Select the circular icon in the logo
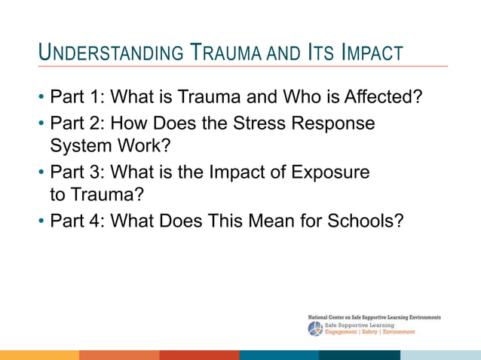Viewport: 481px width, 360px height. click(x=315, y=329)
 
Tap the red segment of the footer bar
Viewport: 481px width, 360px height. click(x=200, y=355)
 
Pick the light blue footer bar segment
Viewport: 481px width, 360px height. click(x=440, y=355)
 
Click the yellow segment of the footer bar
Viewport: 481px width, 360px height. click(x=39, y=355)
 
